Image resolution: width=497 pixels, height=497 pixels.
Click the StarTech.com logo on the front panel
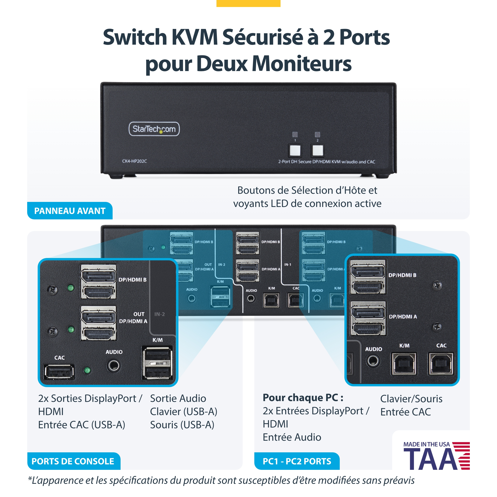pyautogui.click(x=154, y=129)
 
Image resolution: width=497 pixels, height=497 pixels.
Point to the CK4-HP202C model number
pyautogui.click(x=135, y=161)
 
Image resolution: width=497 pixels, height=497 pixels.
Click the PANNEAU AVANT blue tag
pyautogui.click(x=70, y=211)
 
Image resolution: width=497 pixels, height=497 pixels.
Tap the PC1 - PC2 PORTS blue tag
pyautogui.click(x=297, y=461)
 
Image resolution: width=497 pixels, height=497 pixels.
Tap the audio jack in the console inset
pyautogui.click(x=113, y=365)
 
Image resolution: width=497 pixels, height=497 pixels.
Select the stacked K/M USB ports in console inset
pyautogui.click(x=157, y=363)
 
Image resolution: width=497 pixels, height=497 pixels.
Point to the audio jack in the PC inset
pyautogui.click(x=373, y=361)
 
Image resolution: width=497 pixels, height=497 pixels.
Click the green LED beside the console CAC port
pyautogui.click(x=88, y=370)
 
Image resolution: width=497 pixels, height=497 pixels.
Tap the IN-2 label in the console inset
pyautogui.click(x=160, y=314)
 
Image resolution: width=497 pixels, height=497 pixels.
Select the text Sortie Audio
pyautogui.click(x=178, y=399)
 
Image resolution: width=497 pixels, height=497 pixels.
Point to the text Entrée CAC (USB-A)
pyautogui.click(x=82, y=425)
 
